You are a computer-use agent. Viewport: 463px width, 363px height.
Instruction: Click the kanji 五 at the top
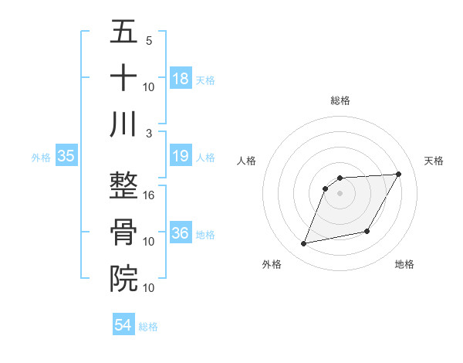[x=123, y=32]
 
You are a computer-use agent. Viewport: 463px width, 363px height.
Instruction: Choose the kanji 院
[x=123, y=279]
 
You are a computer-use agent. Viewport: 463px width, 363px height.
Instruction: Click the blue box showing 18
[x=181, y=79]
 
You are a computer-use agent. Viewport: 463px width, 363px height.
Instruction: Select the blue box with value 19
[x=181, y=157]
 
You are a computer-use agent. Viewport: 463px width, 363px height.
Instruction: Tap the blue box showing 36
[x=181, y=234]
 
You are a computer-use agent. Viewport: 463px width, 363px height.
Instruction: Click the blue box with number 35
[x=66, y=157]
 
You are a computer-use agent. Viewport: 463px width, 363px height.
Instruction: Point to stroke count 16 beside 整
[x=150, y=195]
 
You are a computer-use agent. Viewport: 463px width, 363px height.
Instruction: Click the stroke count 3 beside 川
[x=150, y=133]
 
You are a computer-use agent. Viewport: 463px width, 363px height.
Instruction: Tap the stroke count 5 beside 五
[x=150, y=40]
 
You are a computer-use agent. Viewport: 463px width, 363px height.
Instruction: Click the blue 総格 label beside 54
[x=148, y=327]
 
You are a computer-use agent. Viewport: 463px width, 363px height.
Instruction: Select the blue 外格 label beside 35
[x=41, y=158]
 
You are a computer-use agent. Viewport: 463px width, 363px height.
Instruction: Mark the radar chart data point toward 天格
[x=398, y=174]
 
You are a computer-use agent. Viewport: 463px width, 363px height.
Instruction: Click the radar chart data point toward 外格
[x=304, y=244]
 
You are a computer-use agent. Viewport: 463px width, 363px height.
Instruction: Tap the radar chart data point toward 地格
[x=367, y=232]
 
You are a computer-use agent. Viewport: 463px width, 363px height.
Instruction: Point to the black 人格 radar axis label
[x=247, y=161]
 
